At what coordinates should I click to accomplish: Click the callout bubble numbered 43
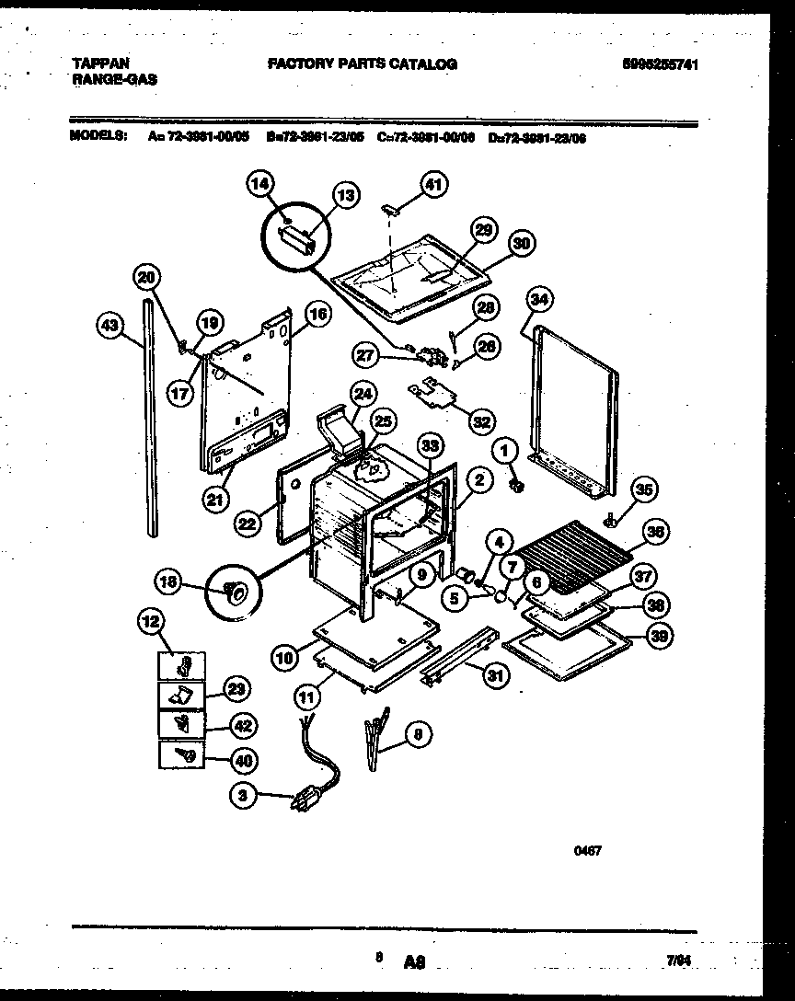(109, 324)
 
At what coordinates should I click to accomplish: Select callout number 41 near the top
(433, 185)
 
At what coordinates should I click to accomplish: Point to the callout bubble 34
(540, 299)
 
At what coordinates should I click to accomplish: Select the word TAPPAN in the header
(100, 63)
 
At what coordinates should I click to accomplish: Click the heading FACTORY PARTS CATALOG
(362, 64)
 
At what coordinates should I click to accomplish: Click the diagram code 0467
(588, 852)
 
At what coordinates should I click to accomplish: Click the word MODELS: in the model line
(98, 136)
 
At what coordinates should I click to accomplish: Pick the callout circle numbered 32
(481, 421)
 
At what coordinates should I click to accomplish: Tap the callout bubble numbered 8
(417, 734)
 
